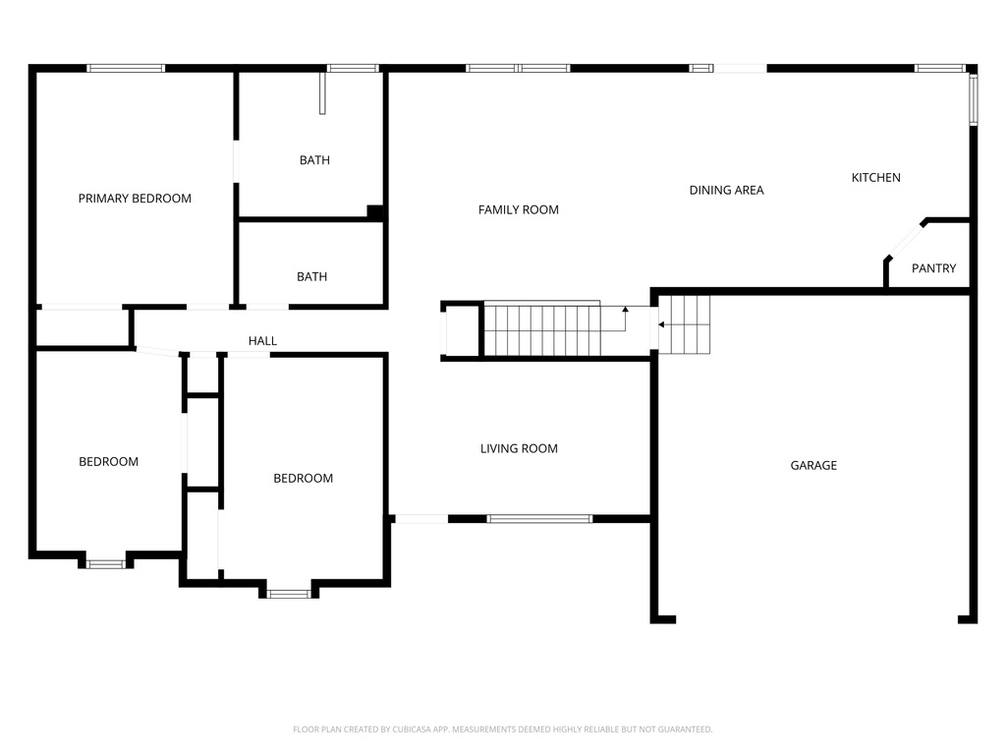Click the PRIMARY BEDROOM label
click(x=135, y=199)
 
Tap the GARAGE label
click(x=813, y=465)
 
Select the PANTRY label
click(x=933, y=268)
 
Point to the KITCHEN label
click(x=875, y=178)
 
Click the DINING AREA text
click(x=726, y=190)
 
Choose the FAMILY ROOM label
click(x=519, y=210)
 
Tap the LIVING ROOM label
click(x=519, y=448)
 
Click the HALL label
click(x=262, y=341)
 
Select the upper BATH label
click(x=314, y=160)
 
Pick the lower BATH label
click(x=311, y=277)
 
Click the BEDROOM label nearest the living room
click(x=303, y=479)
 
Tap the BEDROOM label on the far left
click(x=108, y=462)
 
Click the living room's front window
click(x=539, y=519)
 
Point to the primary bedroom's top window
click(x=126, y=68)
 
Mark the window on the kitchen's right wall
click(x=974, y=99)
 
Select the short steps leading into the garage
click(x=685, y=324)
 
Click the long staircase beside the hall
click(x=542, y=328)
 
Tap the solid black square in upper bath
click(x=374, y=211)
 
